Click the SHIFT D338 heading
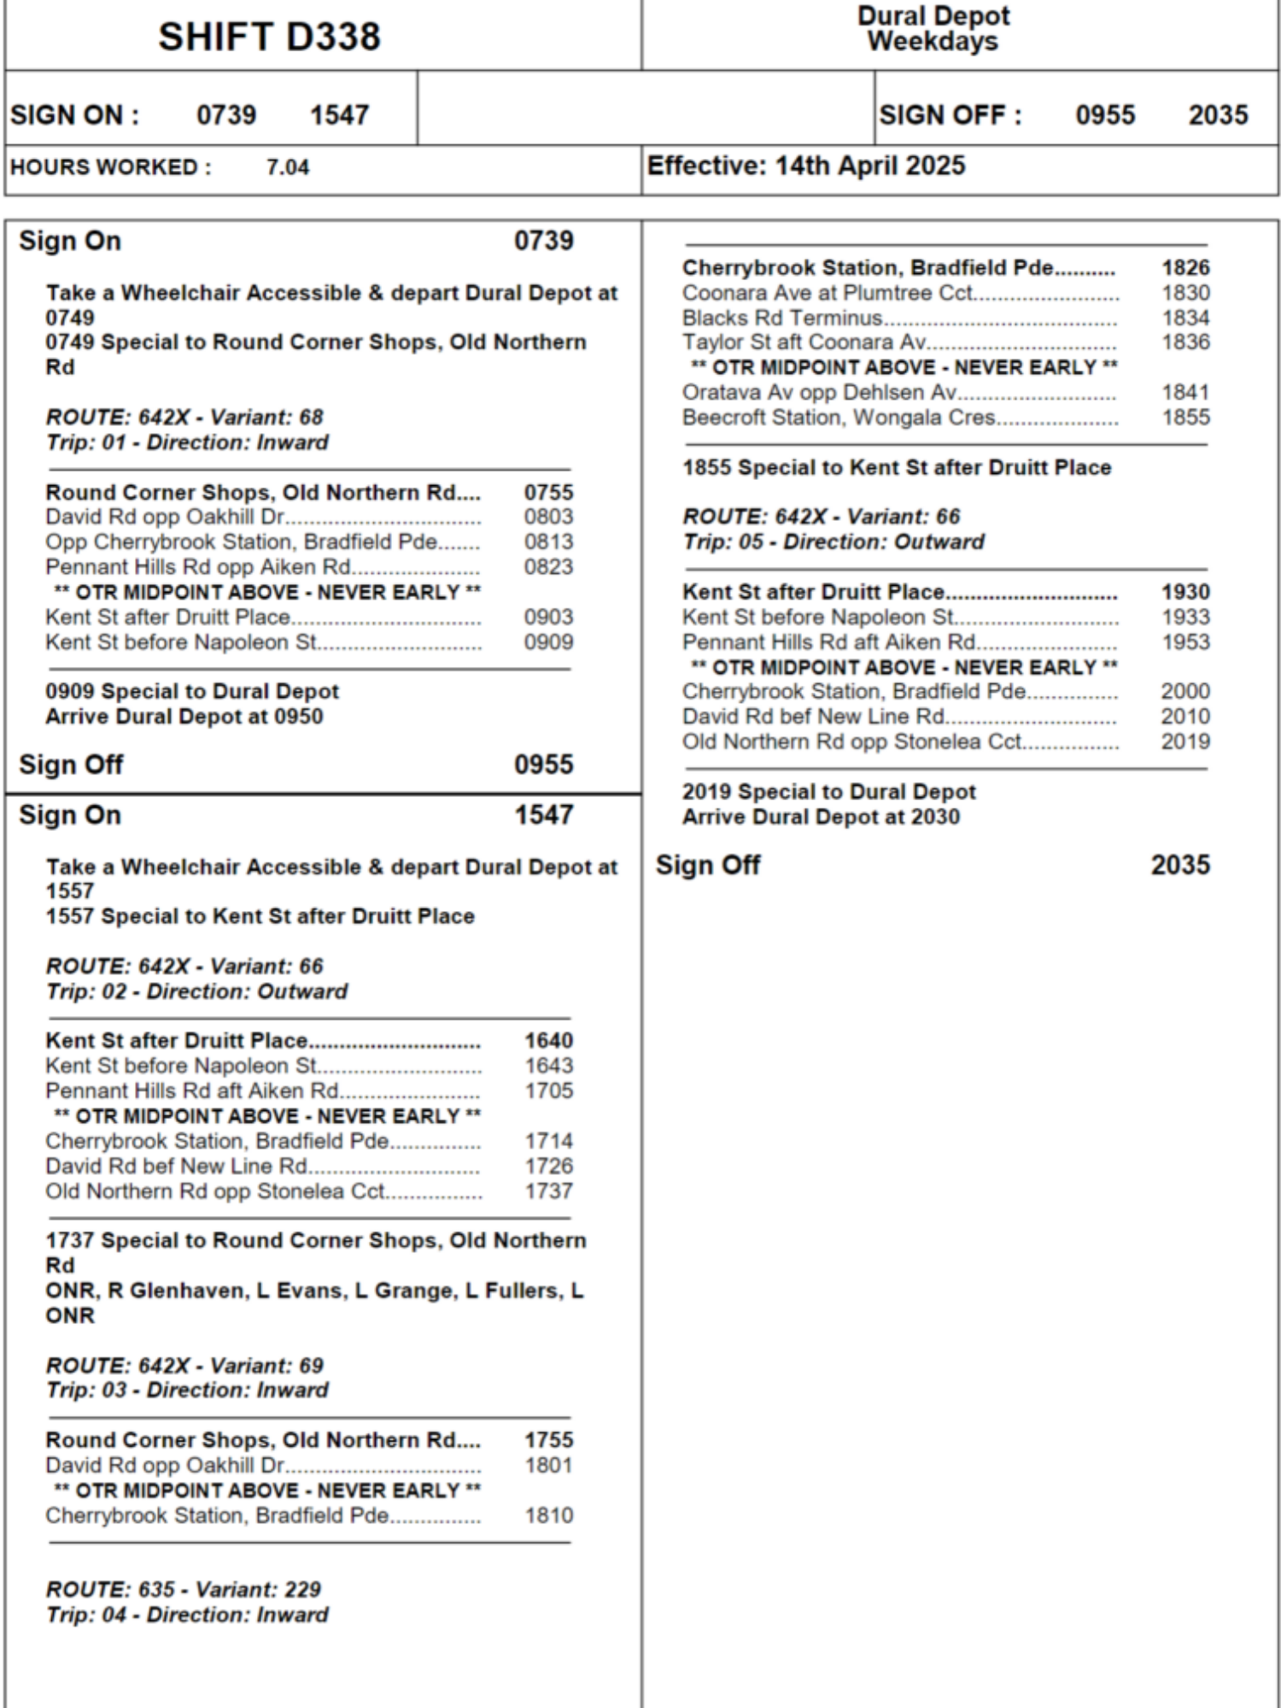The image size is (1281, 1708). click(269, 37)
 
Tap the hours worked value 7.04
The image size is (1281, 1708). click(287, 167)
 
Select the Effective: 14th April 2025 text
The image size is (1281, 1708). click(805, 166)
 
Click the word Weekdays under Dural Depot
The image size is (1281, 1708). click(933, 41)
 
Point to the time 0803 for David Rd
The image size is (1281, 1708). click(548, 517)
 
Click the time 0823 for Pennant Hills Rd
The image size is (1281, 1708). click(548, 567)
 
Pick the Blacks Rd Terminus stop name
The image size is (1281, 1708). click(781, 319)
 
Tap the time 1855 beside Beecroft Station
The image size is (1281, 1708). click(1185, 418)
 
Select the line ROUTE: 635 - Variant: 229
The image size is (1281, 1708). click(184, 1589)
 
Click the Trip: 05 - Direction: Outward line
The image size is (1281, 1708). click(833, 542)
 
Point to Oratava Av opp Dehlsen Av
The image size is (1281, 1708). click(819, 393)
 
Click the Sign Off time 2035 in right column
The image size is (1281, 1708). click(1180, 865)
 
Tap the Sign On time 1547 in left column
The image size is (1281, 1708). click(543, 815)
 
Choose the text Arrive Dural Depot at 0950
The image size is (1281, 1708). click(184, 717)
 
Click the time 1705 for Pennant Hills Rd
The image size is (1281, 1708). click(548, 1091)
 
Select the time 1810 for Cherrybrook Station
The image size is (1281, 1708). click(548, 1516)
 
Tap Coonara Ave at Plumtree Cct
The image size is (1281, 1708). click(827, 293)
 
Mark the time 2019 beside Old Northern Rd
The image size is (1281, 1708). click(1185, 741)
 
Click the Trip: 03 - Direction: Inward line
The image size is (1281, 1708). click(187, 1390)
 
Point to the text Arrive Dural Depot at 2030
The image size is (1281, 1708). click(821, 817)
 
